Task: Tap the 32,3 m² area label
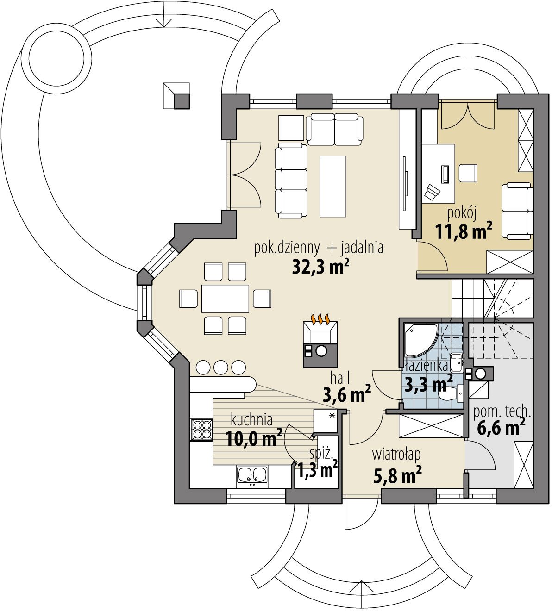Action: pyautogui.click(x=320, y=267)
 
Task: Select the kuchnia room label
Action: pyautogui.click(x=251, y=420)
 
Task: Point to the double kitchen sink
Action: pyautogui.click(x=252, y=475)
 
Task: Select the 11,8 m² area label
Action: pyautogui.click(x=463, y=231)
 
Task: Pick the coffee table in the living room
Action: pyautogui.click(x=333, y=186)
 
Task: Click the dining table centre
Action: pyautogui.click(x=225, y=299)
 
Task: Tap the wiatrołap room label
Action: pyautogui.click(x=396, y=454)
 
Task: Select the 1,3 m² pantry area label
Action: pyautogui.click(x=317, y=470)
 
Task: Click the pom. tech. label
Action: pyautogui.click(x=502, y=411)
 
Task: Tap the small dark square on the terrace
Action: pyautogui.click(x=181, y=101)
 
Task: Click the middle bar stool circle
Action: pyautogui.click(x=221, y=367)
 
